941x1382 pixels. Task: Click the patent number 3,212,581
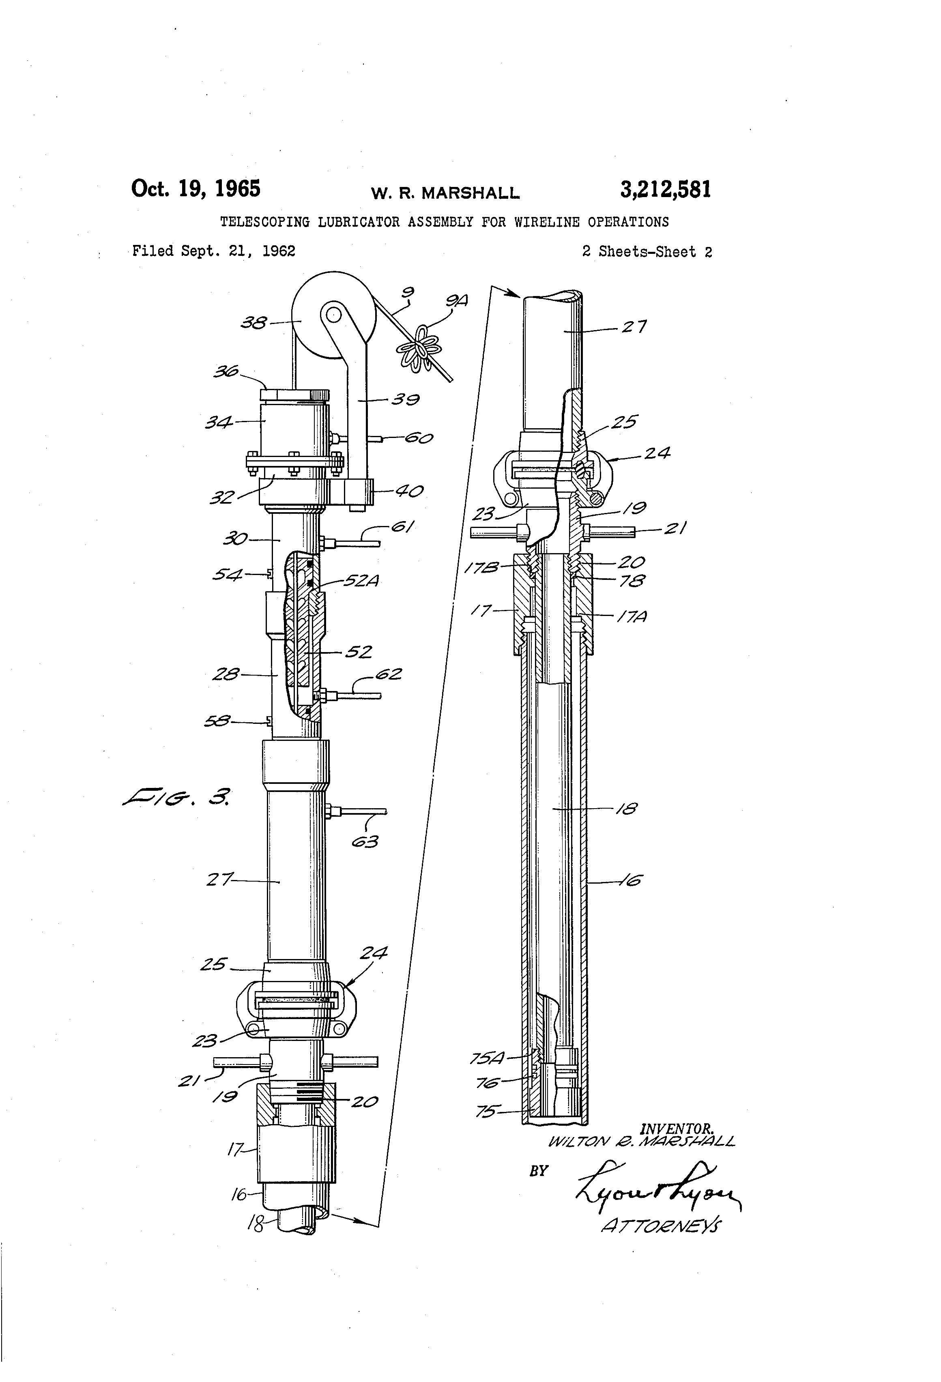pos(665,190)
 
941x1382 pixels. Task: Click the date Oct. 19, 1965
pos(196,189)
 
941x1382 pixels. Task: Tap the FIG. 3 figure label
pos(177,796)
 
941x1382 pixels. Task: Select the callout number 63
pos(365,841)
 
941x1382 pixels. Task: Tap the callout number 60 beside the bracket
pos(418,439)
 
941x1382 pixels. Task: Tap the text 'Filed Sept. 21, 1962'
pos(213,251)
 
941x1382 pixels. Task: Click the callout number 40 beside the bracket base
pos(409,491)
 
